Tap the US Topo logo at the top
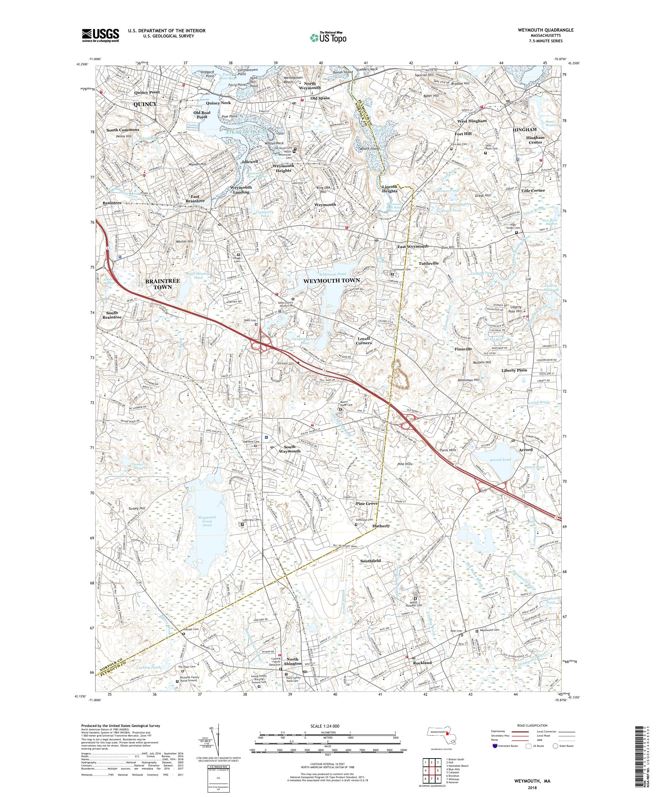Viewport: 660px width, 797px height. click(x=329, y=37)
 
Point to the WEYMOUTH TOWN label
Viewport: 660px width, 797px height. click(x=331, y=280)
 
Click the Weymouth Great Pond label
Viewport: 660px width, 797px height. click(x=207, y=521)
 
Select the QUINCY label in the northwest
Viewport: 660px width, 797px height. click(x=145, y=104)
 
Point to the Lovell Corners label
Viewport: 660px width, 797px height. click(x=363, y=340)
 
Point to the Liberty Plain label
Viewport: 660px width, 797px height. click(x=514, y=370)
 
